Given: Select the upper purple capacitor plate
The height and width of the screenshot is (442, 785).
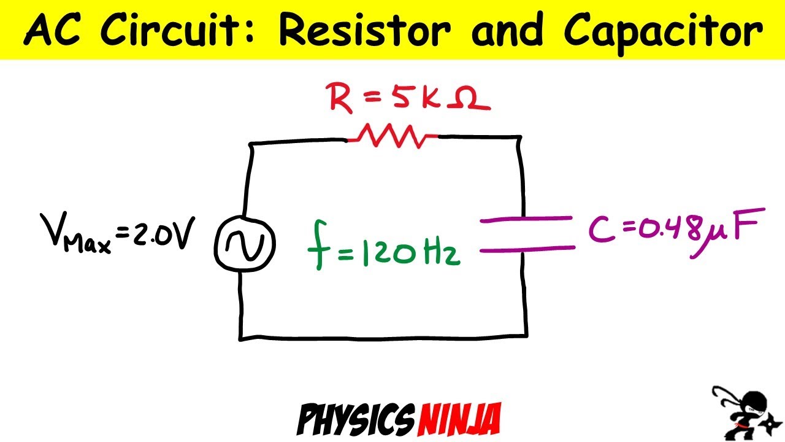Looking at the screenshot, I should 526,219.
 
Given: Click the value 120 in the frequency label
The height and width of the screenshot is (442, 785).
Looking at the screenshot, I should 383,253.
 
